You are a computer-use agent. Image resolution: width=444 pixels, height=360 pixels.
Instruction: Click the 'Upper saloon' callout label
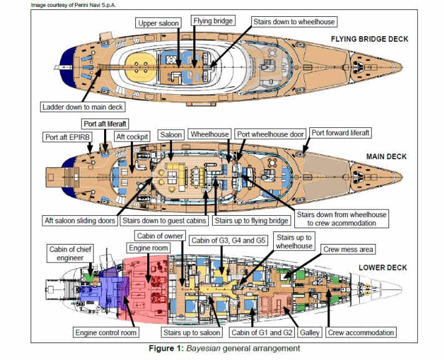click(159, 23)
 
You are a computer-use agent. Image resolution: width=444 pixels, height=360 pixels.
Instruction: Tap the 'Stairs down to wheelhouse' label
click(294, 22)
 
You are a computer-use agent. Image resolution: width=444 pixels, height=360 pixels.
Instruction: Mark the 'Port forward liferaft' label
click(349, 132)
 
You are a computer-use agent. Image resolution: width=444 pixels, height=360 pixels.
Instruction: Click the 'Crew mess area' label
click(347, 249)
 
